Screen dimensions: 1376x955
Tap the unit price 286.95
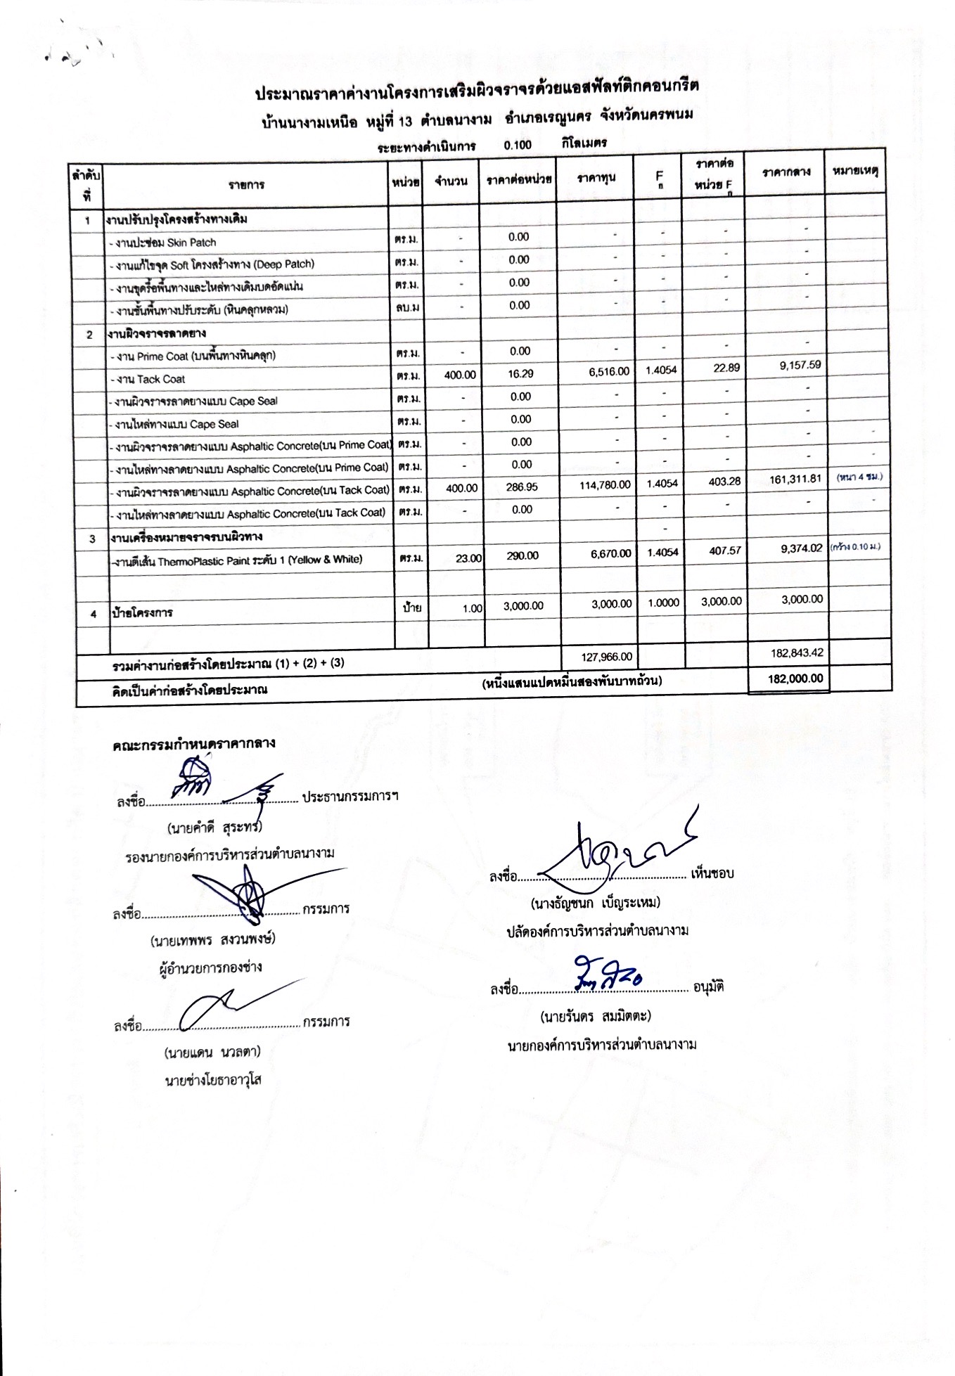point(521,487)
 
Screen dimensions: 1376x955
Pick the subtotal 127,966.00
point(607,657)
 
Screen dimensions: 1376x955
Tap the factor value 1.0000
point(662,603)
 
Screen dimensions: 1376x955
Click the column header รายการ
point(246,185)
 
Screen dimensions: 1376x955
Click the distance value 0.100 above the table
point(518,146)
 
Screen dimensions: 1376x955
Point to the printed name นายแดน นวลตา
point(212,1053)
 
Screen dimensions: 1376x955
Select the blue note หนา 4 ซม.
point(859,477)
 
